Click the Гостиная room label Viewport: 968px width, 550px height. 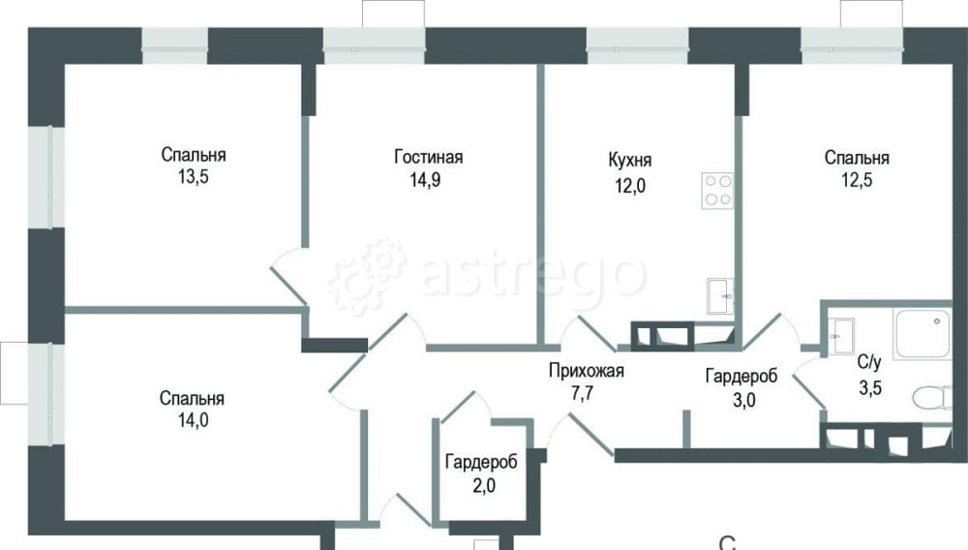[x=429, y=157]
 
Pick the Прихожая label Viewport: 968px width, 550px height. [x=587, y=370]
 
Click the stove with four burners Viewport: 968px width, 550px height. [x=716, y=191]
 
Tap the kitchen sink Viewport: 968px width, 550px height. [x=720, y=295]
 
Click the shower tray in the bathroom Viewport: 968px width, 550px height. [x=921, y=333]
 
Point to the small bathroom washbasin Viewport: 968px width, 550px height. [x=839, y=332]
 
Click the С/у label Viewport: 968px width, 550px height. [x=869, y=363]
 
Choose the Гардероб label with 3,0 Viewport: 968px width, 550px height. [x=738, y=376]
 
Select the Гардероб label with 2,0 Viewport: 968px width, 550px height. [x=481, y=462]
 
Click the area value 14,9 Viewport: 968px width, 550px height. [x=429, y=178]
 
